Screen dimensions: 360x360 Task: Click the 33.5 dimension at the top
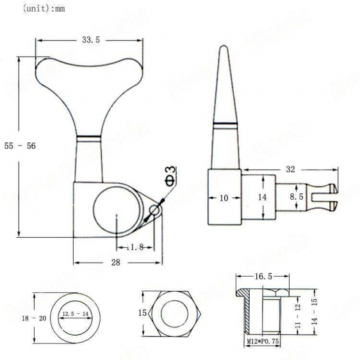(91, 40)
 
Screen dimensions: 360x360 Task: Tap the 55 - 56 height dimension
(20, 146)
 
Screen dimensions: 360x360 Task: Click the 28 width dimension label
(116, 263)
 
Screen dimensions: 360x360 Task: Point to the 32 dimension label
(290, 170)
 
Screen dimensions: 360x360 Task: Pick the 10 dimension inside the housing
(224, 198)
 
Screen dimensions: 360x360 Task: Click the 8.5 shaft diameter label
(297, 197)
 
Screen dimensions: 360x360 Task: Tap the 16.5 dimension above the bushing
(263, 277)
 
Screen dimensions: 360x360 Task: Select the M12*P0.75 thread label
(263, 341)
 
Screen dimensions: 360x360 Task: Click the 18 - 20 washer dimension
(34, 318)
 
